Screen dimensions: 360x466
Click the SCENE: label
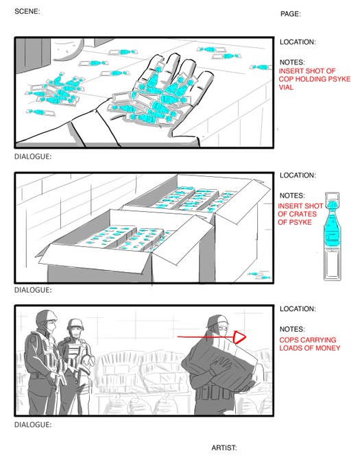tap(27, 11)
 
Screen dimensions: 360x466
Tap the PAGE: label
tap(291, 14)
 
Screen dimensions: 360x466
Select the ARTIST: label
tap(224, 447)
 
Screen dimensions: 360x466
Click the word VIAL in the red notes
tap(286, 88)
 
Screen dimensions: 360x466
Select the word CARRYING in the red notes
tap(322, 340)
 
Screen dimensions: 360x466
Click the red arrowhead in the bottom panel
tap(239, 337)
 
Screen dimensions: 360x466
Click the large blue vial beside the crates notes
tap(332, 236)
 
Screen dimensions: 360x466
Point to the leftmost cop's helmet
tap(47, 317)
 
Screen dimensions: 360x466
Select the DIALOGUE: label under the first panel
tap(33, 157)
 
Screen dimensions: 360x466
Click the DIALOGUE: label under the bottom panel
tap(33, 425)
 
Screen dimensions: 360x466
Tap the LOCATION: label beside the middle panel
tap(298, 175)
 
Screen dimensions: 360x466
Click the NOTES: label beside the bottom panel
tap(292, 329)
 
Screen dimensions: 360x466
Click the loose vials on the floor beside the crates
tap(259, 275)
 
